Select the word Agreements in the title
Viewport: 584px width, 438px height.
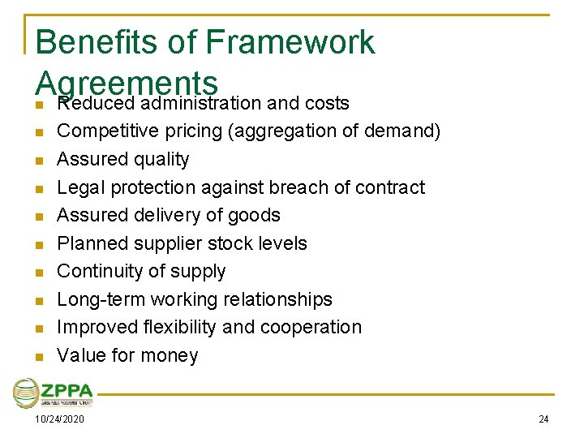[127, 81]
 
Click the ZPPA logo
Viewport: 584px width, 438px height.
[54, 393]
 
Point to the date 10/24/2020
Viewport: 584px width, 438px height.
[60, 419]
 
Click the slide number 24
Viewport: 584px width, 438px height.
[543, 419]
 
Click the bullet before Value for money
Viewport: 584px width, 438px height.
[38, 356]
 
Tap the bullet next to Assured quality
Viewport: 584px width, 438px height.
[38, 161]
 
